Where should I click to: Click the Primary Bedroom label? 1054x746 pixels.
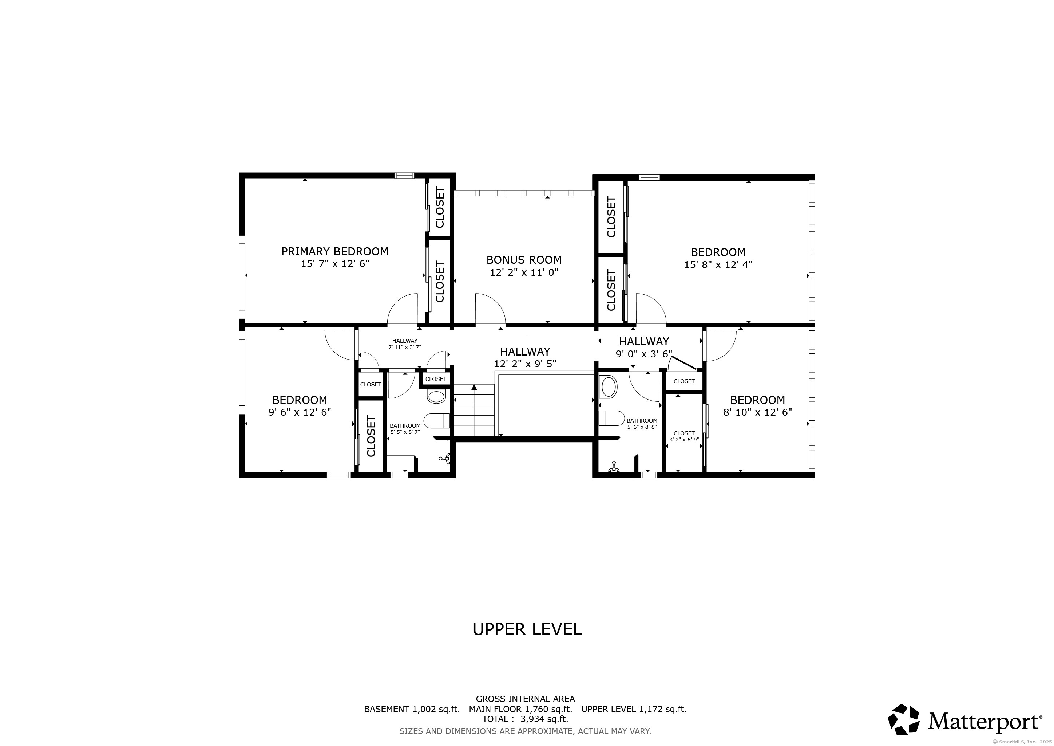(335, 251)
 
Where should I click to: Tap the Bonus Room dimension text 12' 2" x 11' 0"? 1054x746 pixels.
(524, 272)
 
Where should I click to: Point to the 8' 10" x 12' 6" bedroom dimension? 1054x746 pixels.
(757, 412)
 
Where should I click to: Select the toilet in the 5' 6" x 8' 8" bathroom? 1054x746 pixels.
(611, 418)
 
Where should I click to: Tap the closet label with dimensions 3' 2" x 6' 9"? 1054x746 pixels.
(684, 436)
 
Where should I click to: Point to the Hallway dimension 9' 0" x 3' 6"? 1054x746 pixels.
(643, 354)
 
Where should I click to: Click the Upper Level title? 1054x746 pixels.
(527, 629)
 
